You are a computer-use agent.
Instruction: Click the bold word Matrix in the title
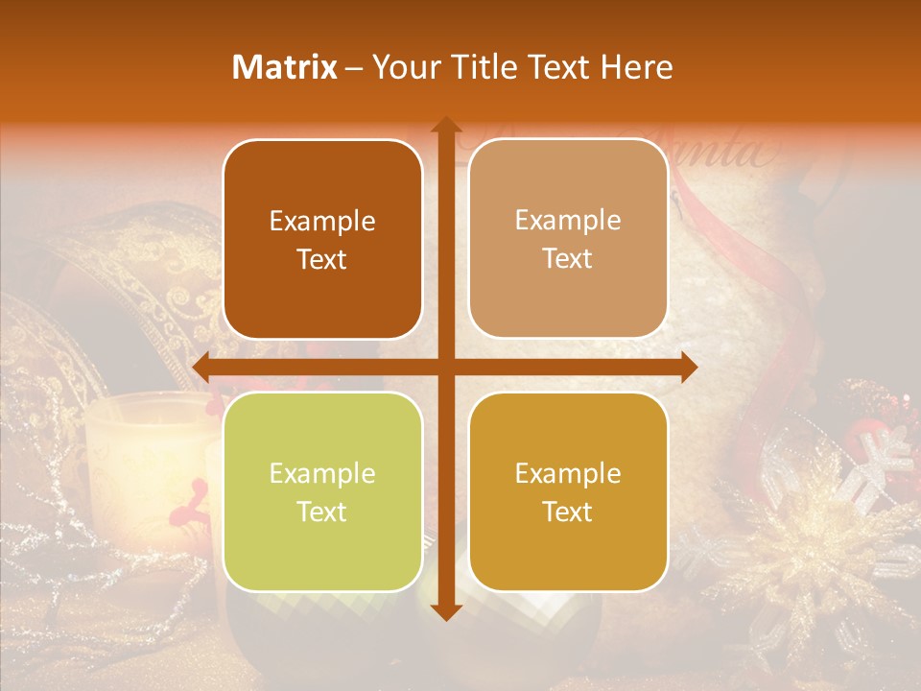pos(285,67)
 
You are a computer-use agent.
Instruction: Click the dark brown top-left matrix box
pos(322,239)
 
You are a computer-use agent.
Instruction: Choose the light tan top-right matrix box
pos(568,239)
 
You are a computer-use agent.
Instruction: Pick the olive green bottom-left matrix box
pos(322,491)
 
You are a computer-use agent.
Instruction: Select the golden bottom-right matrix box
pos(568,491)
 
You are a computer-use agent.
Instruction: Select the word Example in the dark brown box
pos(322,221)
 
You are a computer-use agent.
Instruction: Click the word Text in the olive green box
pos(322,512)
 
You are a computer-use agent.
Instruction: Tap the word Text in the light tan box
pos(568,259)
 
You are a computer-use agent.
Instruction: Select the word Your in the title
pos(404,67)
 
